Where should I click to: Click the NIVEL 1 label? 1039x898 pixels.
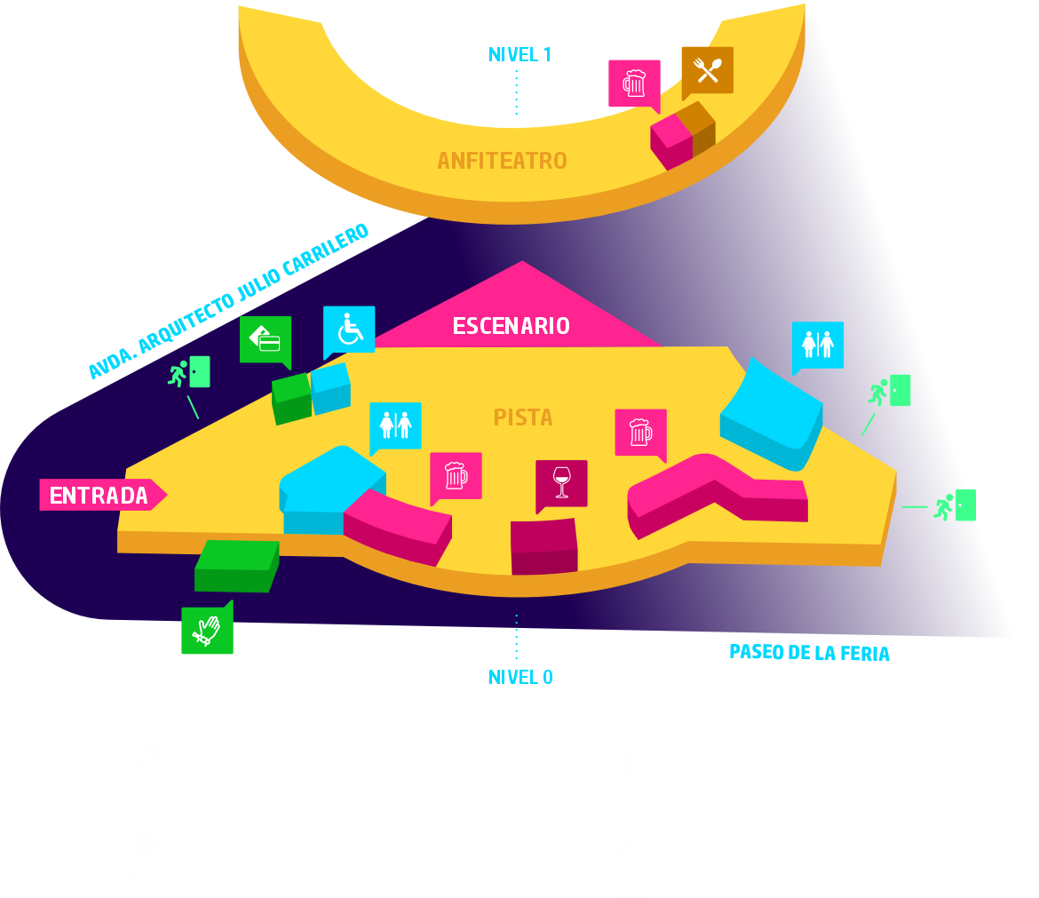click(519, 55)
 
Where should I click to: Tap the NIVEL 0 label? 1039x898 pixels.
click(520, 678)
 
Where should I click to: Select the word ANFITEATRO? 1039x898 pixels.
click(502, 162)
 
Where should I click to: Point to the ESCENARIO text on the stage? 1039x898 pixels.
click(511, 326)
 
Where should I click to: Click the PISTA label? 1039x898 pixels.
click(522, 417)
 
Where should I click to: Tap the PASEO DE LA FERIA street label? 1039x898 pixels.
click(809, 653)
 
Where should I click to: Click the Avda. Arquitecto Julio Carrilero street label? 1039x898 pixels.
click(228, 301)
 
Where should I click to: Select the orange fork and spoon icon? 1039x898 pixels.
click(707, 70)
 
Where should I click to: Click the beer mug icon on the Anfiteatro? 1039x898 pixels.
click(634, 83)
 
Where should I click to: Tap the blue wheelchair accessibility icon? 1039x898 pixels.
click(349, 330)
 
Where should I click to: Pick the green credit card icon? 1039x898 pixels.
click(266, 338)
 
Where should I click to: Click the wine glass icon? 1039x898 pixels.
click(561, 482)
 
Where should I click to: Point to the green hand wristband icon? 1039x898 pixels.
click(207, 630)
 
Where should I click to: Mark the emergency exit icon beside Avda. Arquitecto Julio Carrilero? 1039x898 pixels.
click(189, 372)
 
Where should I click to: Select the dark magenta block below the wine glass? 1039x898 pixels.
click(543, 546)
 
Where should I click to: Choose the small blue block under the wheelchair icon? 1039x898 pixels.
click(330, 389)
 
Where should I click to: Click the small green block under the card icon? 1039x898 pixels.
click(291, 399)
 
